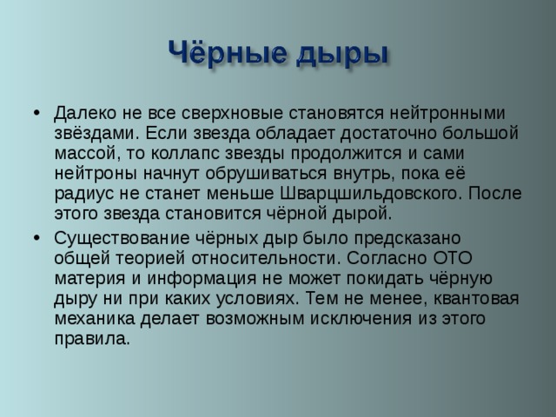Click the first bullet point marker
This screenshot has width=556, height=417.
tap(34, 114)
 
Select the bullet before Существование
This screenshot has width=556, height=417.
tap(34, 237)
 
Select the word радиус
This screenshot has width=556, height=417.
tap(83, 192)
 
